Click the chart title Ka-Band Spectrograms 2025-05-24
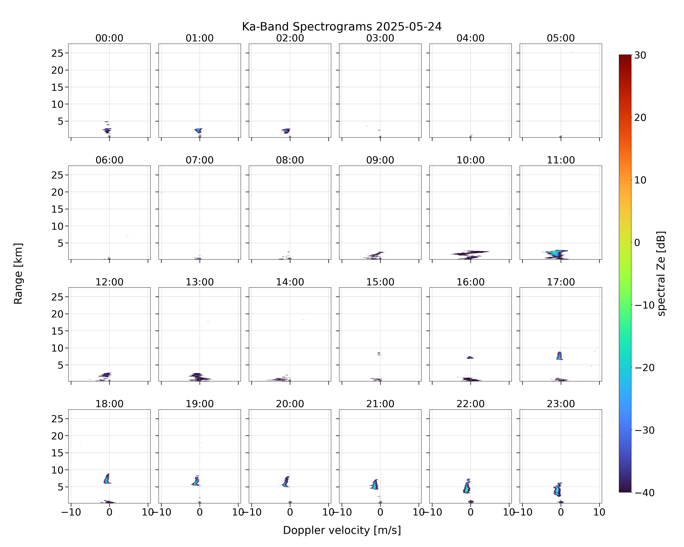(x=342, y=27)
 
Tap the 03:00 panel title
(x=380, y=38)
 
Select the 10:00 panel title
(x=470, y=160)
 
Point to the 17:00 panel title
(x=561, y=282)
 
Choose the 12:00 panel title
(x=109, y=282)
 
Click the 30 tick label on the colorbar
(x=640, y=55)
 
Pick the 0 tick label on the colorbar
(x=637, y=243)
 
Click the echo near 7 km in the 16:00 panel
(x=470, y=357)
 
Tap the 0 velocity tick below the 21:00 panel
(x=380, y=512)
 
